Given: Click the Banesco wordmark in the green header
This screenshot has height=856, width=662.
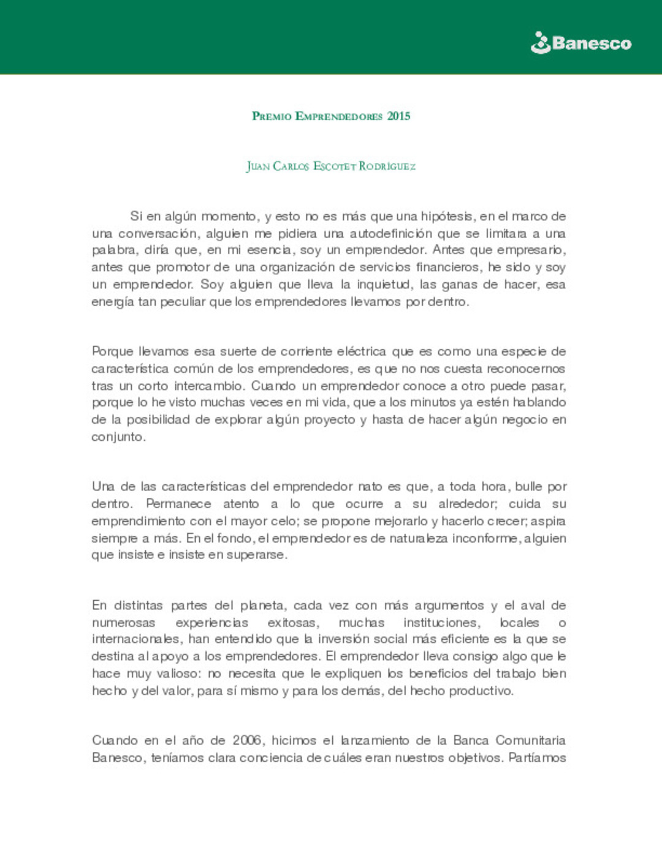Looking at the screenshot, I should tap(592, 43).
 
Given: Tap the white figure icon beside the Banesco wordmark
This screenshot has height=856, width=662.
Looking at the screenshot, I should tap(541, 43).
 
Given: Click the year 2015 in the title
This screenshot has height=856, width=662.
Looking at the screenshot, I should tap(398, 116).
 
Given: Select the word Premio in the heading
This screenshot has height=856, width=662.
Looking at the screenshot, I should tap(272, 116).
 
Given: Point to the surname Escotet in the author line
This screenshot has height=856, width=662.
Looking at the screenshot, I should tap(335, 166).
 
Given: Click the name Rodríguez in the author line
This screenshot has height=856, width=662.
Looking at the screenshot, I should tap(387, 166).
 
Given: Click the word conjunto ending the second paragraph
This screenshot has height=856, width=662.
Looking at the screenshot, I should tap(118, 437).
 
